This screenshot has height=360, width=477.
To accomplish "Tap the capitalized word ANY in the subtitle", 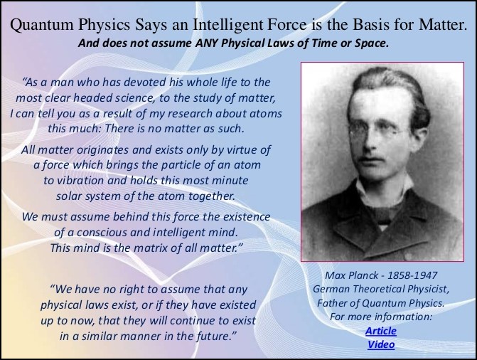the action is coord(207,43).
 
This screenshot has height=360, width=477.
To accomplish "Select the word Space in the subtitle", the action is coord(371,43).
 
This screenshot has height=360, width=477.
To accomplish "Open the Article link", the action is coord(381,331).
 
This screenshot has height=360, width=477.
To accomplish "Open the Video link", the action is coord(381,344).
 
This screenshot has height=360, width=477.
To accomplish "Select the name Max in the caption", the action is coord(335,275).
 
